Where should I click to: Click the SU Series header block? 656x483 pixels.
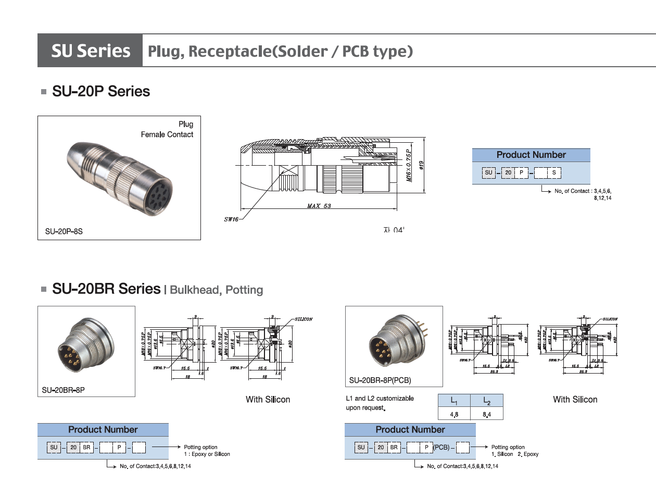tap(90, 51)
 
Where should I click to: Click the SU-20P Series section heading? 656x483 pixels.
tap(101, 92)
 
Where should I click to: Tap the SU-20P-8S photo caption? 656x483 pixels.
tap(64, 231)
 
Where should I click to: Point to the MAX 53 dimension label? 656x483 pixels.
tap(319, 206)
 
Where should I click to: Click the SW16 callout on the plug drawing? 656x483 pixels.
tap(231, 219)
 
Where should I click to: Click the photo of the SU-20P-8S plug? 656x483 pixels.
tap(119, 177)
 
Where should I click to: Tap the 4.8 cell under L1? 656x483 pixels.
tap(454, 414)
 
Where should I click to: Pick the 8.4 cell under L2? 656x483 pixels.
tap(486, 414)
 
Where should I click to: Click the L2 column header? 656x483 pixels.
tap(486, 401)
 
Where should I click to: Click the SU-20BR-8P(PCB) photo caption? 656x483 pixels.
tap(380, 380)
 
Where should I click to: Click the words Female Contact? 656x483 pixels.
tap(167, 134)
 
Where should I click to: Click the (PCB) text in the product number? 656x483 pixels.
tap(441, 447)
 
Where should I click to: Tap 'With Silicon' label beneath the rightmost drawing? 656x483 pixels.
tap(575, 400)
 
